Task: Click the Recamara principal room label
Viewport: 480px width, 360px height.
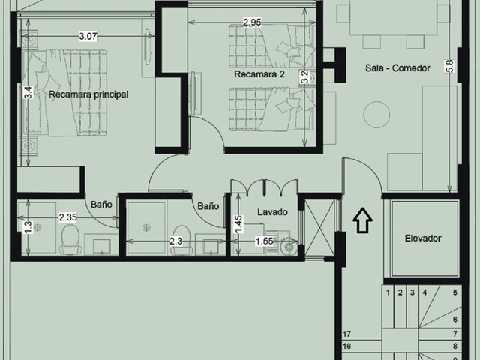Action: (x=88, y=94)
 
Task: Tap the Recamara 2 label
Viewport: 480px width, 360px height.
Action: (x=259, y=74)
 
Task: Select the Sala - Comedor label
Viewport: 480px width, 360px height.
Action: (x=397, y=68)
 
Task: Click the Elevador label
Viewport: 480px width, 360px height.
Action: (x=423, y=238)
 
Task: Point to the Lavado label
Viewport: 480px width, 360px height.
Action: (x=272, y=212)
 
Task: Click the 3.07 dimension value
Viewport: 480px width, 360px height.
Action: (x=88, y=37)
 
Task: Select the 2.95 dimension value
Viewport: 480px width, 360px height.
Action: (x=252, y=22)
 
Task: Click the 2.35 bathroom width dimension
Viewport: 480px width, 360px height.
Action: (x=68, y=217)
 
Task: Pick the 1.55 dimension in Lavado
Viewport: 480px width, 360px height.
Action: (x=264, y=241)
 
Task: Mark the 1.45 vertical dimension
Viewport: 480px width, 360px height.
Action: (x=239, y=224)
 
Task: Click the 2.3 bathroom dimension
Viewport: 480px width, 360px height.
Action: (x=176, y=241)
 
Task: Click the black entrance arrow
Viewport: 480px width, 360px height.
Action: (x=362, y=220)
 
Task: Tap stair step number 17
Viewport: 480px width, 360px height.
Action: (x=346, y=334)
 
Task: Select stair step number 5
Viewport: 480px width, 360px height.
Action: (x=455, y=292)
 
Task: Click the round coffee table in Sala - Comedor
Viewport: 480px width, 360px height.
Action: (x=376, y=114)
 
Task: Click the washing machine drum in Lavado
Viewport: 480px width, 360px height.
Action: (x=289, y=247)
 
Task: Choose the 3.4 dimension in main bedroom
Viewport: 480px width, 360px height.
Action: (x=28, y=92)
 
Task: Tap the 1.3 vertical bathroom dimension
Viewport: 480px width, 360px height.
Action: (x=28, y=227)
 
